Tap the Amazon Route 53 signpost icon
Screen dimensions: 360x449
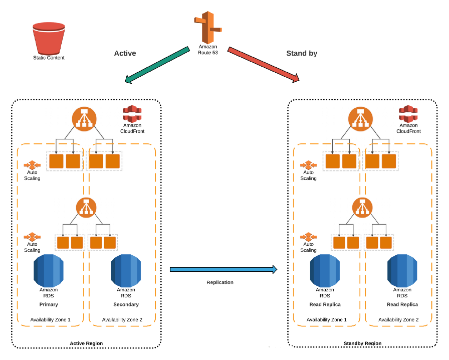point(207,28)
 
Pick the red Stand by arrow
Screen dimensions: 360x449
point(263,64)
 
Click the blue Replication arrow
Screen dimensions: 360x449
point(223,270)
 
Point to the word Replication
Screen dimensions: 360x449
point(220,282)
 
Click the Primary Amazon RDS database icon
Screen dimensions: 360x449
point(49,271)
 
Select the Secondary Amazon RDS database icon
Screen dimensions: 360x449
point(126,271)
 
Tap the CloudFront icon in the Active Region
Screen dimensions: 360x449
point(132,113)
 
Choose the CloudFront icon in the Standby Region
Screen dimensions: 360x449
point(408,113)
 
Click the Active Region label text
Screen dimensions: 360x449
point(86,343)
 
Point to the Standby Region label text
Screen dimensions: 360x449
point(363,343)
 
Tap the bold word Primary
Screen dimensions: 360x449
point(49,304)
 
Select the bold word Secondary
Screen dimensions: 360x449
point(126,304)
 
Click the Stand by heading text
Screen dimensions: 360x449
point(302,53)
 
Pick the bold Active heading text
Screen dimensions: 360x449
point(125,53)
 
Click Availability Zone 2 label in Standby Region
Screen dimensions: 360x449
point(398,319)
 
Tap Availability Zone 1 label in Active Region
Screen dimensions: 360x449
point(50,319)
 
